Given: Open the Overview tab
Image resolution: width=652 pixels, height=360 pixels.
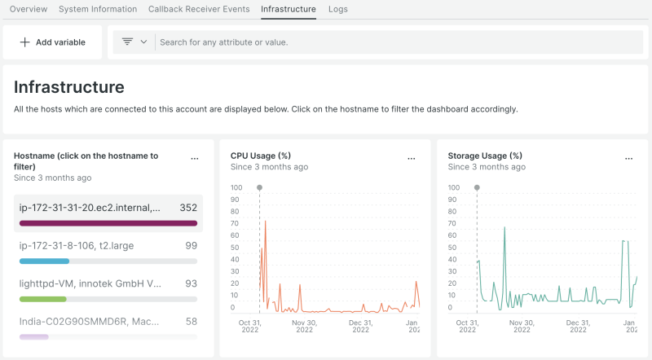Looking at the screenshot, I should click(29, 9).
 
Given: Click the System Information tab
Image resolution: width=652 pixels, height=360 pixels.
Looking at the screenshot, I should click(98, 9).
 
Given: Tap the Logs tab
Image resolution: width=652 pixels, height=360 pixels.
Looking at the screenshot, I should click(338, 9).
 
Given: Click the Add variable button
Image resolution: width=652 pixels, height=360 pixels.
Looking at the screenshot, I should click(53, 42).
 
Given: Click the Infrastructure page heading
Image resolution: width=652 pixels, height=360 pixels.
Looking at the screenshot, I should click(69, 87).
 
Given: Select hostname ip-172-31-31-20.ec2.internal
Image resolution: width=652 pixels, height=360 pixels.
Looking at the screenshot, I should click(90, 208).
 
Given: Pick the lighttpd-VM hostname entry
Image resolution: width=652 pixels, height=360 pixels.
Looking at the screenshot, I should click(90, 283).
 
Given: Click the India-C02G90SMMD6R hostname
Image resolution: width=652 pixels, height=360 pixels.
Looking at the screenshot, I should click(90, 321).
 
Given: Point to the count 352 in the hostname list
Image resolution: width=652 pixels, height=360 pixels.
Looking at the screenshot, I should click(188, 208).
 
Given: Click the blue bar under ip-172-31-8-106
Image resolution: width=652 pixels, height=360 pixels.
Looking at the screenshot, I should click(44, 261).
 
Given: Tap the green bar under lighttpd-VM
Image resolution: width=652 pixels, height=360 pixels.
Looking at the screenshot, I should click(42, 299).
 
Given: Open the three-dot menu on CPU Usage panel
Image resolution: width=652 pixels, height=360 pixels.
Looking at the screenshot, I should click(412, 158).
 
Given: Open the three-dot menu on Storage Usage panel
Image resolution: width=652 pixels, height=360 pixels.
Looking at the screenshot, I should click(628, 158).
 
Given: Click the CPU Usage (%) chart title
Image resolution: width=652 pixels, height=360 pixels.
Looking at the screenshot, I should click(261, 155).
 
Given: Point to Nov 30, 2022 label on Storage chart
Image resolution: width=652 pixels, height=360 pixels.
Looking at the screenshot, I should click(521, 326).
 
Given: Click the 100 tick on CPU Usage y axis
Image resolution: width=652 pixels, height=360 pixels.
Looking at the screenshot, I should click(236, 187).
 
